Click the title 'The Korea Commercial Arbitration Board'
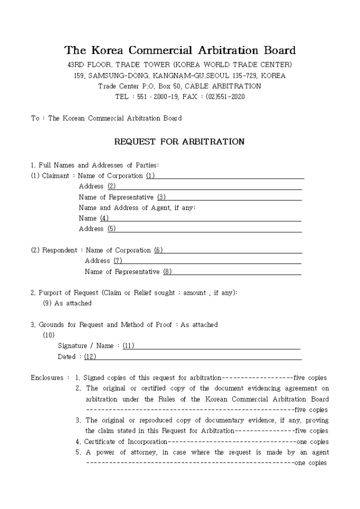[180, 51]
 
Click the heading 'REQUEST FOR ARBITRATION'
[179, 142]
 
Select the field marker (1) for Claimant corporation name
[150, 176]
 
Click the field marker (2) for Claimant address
[111, 186]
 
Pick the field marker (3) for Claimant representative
[161, 197]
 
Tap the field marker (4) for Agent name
[104, 218]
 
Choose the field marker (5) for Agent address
[111, 229]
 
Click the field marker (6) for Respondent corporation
[158, 250]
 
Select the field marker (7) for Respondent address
[118, 261]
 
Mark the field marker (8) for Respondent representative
[167, 272]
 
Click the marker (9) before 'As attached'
[47, 303]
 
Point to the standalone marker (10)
[49, 335]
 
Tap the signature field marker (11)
[128, 346]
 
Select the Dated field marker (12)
[90, 357]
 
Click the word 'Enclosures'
[47, 378]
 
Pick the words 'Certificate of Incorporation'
[125, 442]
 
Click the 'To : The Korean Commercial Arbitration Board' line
[106, 118]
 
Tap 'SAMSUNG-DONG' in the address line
[113, 76]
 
